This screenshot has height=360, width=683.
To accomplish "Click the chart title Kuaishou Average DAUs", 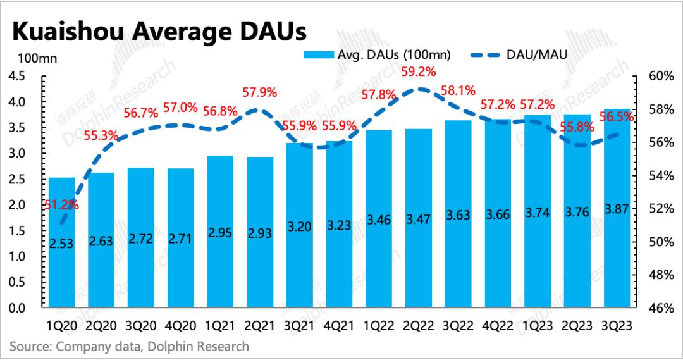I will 157,30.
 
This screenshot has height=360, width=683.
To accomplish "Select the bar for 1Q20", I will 62,266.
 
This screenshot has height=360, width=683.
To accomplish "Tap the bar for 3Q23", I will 617,266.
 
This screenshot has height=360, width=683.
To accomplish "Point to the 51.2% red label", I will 62,204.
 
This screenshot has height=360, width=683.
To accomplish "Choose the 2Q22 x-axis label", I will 417,326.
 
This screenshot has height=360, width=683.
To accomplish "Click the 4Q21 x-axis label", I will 339,326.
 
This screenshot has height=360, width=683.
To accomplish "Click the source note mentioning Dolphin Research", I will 129,347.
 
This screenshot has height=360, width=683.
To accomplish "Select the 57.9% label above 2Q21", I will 260,92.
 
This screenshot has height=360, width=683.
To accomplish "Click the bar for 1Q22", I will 378,266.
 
